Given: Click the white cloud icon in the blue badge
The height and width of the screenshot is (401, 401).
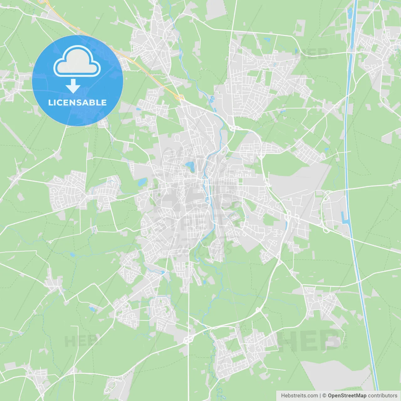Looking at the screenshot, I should [x=77, y=62].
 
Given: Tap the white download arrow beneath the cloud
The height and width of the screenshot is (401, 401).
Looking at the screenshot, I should [x=73, y=86].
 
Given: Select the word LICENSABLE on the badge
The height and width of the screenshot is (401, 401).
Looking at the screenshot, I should [x=77, y=102].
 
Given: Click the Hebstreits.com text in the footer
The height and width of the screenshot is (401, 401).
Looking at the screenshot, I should [x=299, y=396].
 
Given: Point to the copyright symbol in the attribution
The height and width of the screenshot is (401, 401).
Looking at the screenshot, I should [x=325, y=396].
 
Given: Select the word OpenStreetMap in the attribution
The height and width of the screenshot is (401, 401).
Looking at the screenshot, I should [x=347, y=396].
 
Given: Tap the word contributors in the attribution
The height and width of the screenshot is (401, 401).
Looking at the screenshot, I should [x=383, y=396].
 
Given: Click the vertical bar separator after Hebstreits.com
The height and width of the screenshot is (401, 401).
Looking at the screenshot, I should [x=320, y=396].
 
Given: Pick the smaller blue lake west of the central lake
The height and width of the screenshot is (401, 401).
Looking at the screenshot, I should [x=142, y=181].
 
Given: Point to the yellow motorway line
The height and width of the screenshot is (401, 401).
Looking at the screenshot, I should [x=132, y=60].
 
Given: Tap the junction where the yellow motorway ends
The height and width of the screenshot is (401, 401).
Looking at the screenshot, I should [x=180, y=97].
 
